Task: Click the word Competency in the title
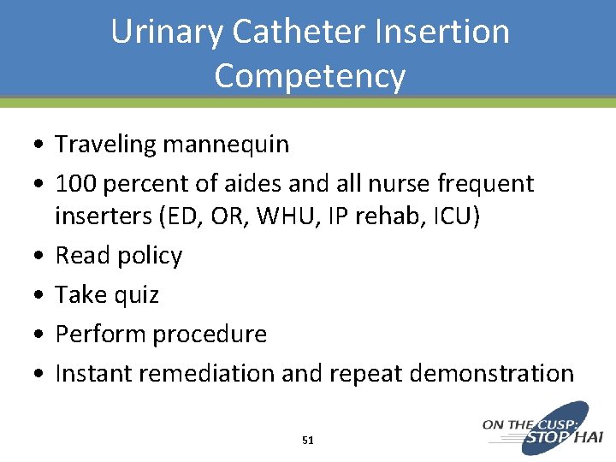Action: click(310, 76)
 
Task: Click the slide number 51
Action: click(308, 441)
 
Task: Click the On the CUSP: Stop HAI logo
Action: click(542, 428)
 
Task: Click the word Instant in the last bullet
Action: click(92, 374)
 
